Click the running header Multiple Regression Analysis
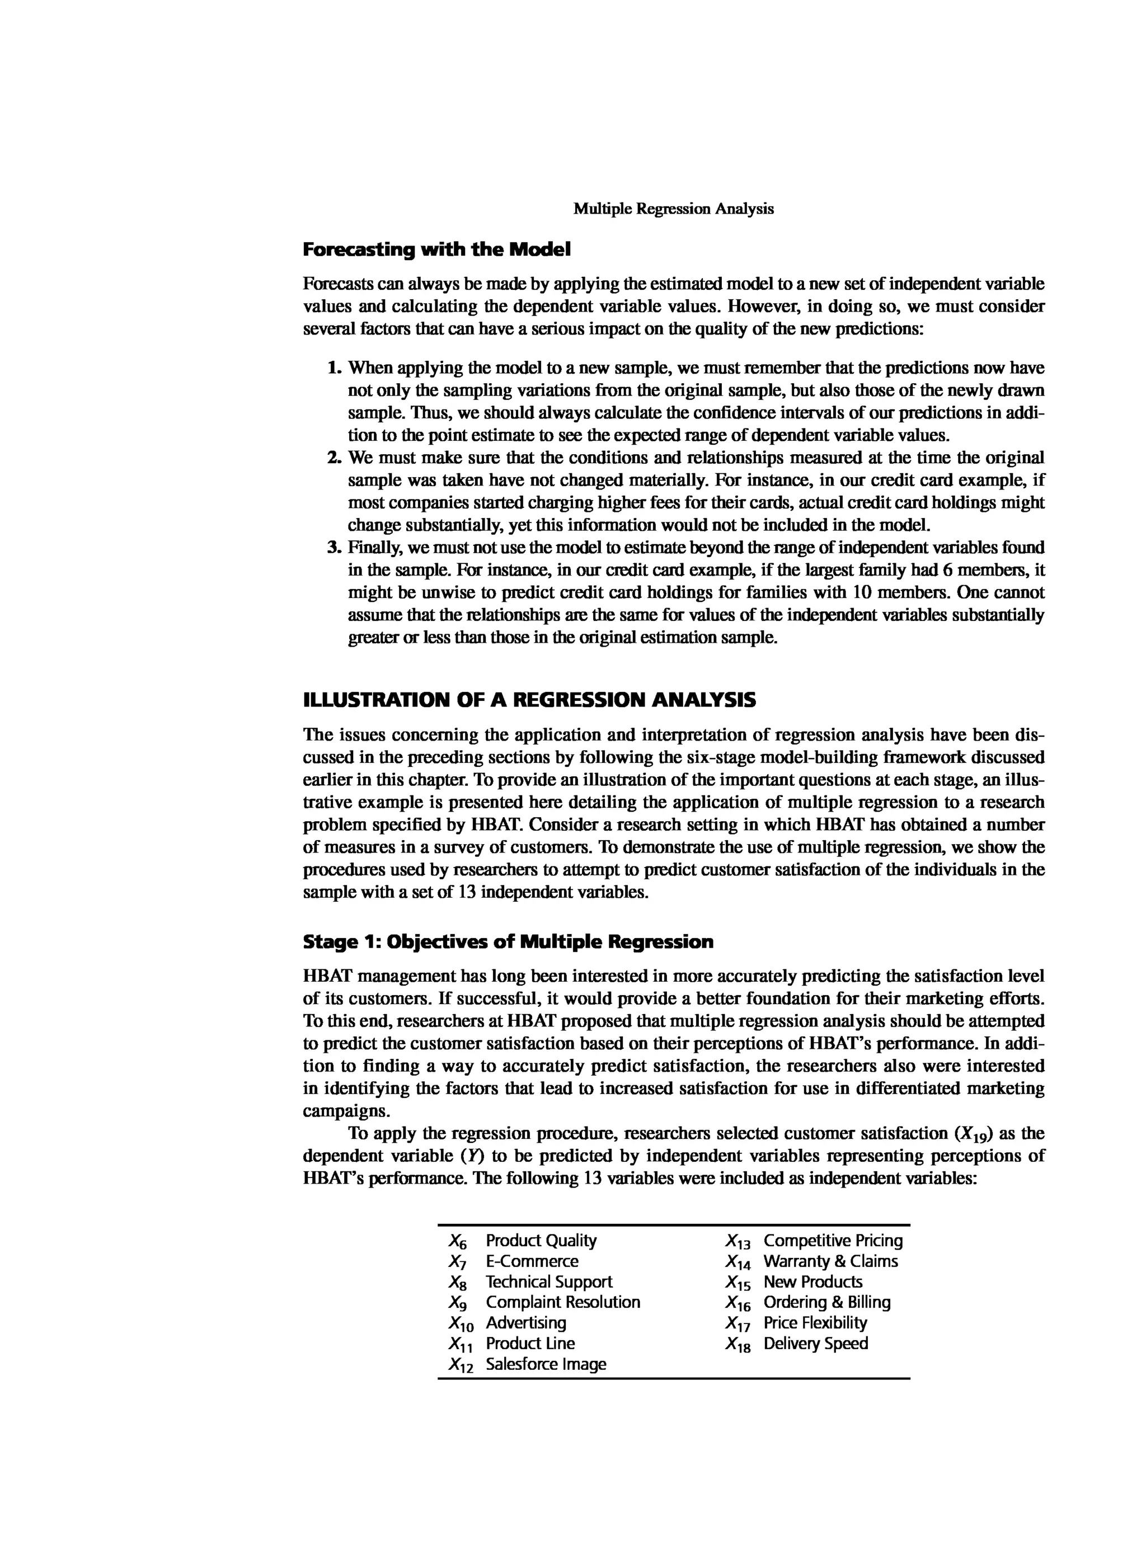click(673, 209)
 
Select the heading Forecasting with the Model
click(436, 249)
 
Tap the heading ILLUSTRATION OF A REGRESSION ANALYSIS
click(529, 700)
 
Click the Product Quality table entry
click(541, 1241)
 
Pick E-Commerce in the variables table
click(532, 1261)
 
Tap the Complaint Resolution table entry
click(562, 1302)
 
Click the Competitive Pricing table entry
click(833, 1241)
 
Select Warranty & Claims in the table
click(830, 1261)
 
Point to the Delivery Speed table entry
click(815, 1344)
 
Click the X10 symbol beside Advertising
click(461, 1324)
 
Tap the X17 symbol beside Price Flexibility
click(738, 1324)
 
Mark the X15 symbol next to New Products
click(738, 1283)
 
